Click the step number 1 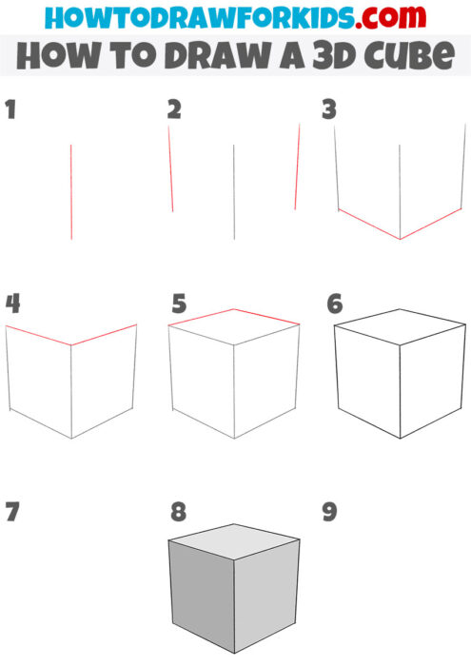(10, 110)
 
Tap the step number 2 (174, 110)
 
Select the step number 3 (330, 110)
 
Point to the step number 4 (12, 304)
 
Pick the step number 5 (179, 304)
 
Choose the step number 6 (334, 304)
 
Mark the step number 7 (11, 512)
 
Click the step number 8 (179, 512)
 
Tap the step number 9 (330, 512)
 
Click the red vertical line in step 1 (71, 190)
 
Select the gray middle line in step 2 (234, 190)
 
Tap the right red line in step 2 (297, 166)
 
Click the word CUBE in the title (405, 56)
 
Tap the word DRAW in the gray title (228, 56)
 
